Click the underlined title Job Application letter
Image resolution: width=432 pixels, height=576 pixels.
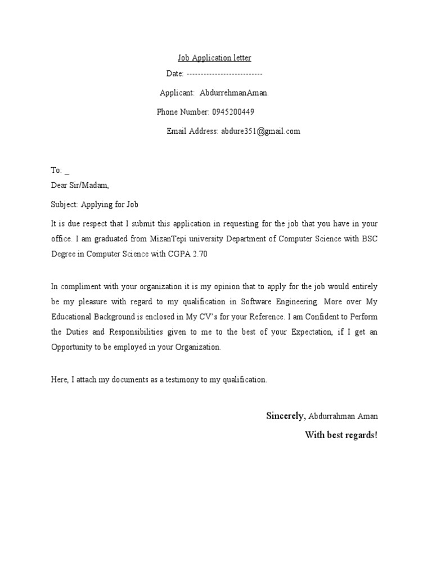point(214,58)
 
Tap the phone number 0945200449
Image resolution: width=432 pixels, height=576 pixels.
point(233,112)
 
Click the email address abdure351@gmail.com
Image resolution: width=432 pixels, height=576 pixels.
point(260,131)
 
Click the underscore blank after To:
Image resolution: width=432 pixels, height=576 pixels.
point(67,170)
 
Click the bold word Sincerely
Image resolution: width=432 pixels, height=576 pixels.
point(286,416)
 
